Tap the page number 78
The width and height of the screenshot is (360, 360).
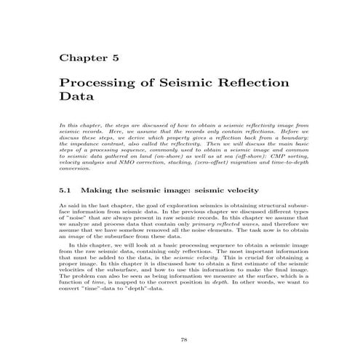184,319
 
